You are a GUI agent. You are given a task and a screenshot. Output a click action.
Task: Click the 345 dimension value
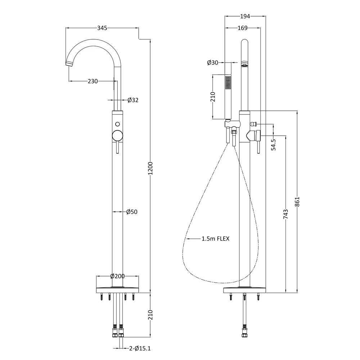pyautogui.click(x=102, y=28)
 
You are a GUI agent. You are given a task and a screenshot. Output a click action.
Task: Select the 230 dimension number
pyautogui.click(x=93, y=81)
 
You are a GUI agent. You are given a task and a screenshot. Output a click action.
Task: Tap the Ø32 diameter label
pyautogui.click(x=132, y=100)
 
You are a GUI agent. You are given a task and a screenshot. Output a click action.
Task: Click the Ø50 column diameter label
pyautogui.click(x=132, y=212)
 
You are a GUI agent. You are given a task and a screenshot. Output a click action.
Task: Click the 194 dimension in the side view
pyautogui.click(x=245, y=16)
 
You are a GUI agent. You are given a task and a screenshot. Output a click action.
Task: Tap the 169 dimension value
pyautogui.click(x=242, y=28)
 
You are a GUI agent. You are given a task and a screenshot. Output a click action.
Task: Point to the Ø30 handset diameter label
pyautogui.click(x=212, y=63)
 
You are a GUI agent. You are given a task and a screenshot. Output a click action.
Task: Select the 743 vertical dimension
pyautogui.click(x=286, y=214)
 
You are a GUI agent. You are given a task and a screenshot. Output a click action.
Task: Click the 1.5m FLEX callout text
pyautogui.click(x=215, y=238)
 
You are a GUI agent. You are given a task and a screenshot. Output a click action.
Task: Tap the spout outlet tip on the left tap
pyautogui.click(x=69, y=64)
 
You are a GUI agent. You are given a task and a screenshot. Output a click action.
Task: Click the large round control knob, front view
pyautogui.click(x=117, y=136)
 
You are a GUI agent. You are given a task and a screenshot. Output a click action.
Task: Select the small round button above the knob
pyautogui.click(x=117, y=123)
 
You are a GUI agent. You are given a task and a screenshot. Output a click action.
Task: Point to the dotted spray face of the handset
pyautogui.click(x=228, y=82)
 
